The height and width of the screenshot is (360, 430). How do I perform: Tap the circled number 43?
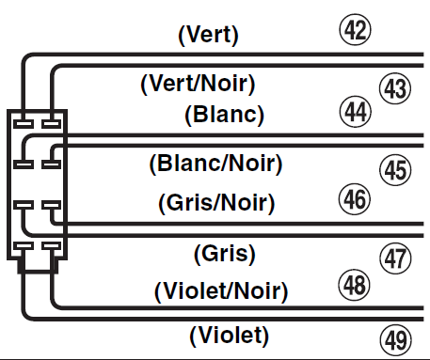(x=394, y=88)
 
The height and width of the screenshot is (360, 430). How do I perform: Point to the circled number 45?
(x=395, y=170)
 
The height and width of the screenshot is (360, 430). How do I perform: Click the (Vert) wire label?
(x=209, y=37)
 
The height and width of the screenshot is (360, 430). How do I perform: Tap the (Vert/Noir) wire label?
(x=198, y=85)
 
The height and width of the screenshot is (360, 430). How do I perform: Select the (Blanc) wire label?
(x=223, y=116)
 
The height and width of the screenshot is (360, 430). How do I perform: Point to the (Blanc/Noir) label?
(x=215, y=164)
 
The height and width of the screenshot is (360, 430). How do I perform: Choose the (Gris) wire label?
(x=224, y=253)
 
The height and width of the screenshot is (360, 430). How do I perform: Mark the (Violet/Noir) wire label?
(x=220, y=289)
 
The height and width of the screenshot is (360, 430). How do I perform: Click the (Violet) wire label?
(x=229, y=334)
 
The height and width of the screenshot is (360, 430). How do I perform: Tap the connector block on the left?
(x=37, y=185)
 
